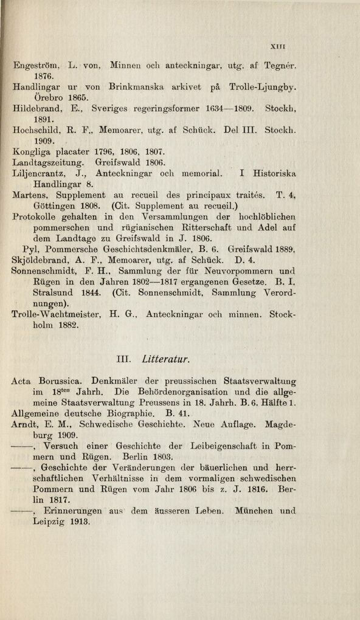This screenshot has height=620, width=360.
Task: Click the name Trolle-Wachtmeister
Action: coord(55,315)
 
